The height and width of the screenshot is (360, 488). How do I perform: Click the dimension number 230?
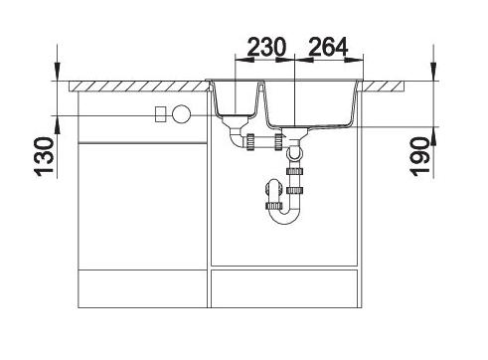tap(266, 47)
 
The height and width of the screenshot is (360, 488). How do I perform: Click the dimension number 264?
tap(328, 47)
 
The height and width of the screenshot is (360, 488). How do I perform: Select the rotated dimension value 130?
tap(44, 156)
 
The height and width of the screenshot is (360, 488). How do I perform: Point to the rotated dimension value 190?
tap(419, 157)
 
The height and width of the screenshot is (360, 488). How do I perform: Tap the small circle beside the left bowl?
tap(182, 114)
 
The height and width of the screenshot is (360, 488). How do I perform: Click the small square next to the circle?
tap(161, 114)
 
